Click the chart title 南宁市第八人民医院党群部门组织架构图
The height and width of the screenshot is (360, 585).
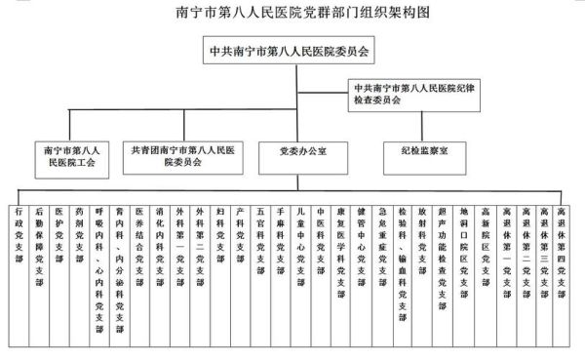[292, 13]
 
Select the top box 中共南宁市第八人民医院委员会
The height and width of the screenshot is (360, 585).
[292, 47]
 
